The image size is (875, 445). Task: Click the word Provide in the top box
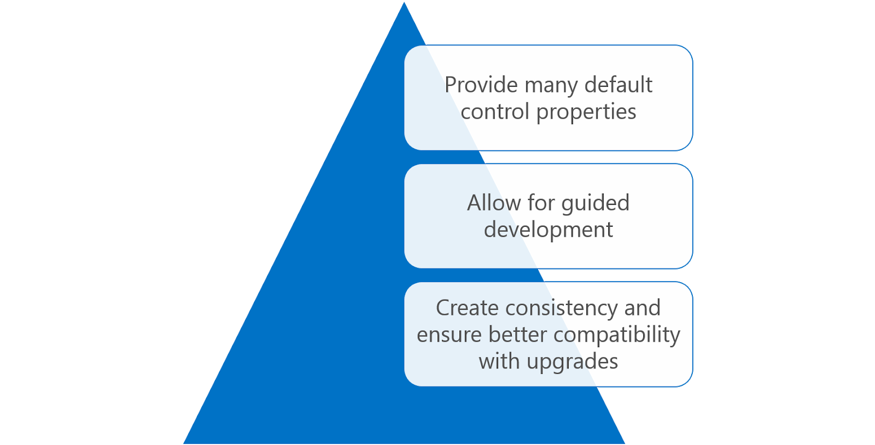click(481, 85)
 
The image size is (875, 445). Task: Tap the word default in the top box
click(618, 85)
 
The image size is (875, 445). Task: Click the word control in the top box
click(495, 112)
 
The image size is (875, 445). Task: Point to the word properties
click(586, 113)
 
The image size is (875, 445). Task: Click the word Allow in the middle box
click(494, 203)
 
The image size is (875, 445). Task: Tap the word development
click(549, 230)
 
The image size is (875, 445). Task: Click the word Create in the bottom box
click(467, 308)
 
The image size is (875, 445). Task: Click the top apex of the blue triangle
click(404, 3)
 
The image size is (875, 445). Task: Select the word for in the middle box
click(541, 203)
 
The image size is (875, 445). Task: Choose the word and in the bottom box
click(642, 308)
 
